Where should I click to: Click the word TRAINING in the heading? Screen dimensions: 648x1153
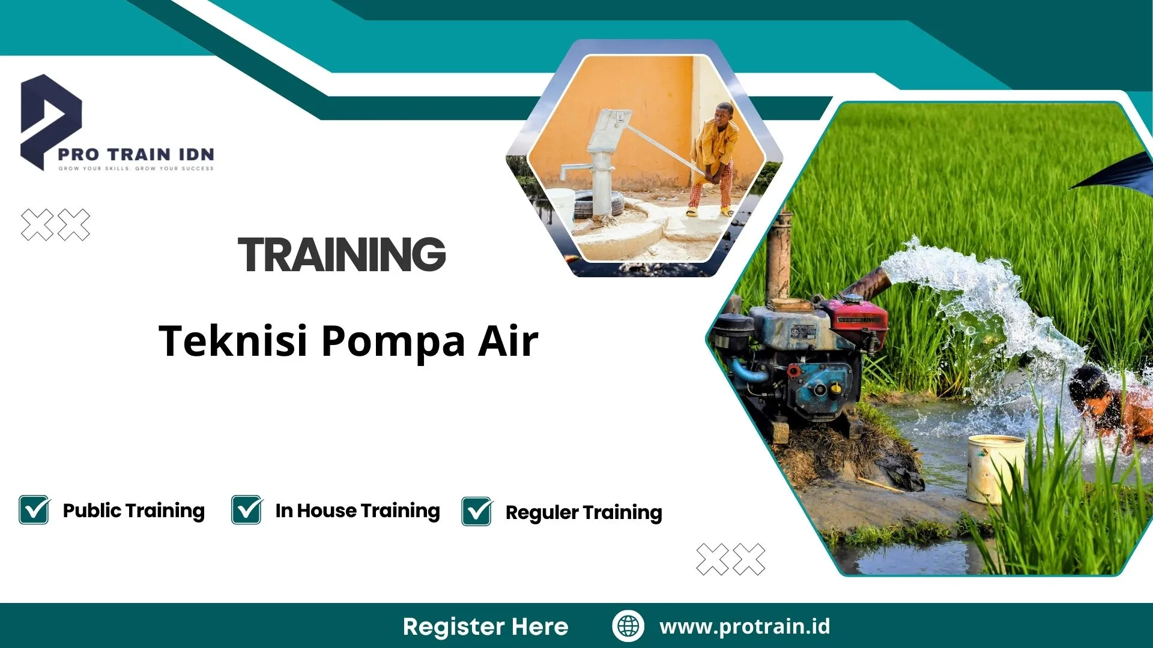click(x=342, y=254)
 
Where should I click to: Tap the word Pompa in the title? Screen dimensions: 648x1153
click(x=393, y=341)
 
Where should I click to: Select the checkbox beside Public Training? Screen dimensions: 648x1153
click(x=34, y=510)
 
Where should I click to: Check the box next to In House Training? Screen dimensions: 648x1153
click(x=247, y=510)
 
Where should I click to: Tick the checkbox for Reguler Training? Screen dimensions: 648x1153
click(x=477, y=512)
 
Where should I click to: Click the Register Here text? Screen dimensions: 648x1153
click(x=485, y=626)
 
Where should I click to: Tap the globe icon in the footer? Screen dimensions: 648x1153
click(x=628, y=626)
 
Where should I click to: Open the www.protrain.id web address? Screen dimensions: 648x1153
click(x=745, y=626)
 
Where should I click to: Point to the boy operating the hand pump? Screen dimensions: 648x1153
click(x=715, y=159)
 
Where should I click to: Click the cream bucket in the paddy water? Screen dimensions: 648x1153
click(x=996, y=468)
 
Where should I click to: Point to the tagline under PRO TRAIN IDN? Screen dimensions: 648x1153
click(x=136, y=169)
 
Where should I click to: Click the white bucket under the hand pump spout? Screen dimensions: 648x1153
click(x=561, y=204)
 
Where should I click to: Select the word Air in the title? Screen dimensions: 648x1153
click(x=508, y=341)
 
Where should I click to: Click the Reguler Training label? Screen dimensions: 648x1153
click(x=583, y=512)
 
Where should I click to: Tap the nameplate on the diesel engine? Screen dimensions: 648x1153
click(x=802, y=334)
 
